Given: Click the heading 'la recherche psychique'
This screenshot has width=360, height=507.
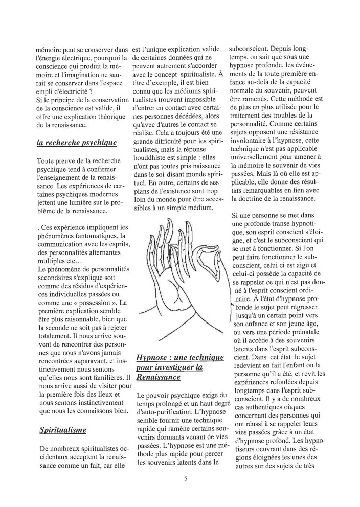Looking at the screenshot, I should [x=77, y=143].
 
